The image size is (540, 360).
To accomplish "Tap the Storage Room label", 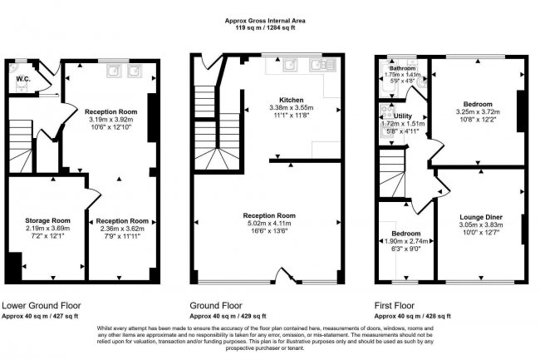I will (x=47, y=220).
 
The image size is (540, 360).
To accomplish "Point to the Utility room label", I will (x=403, y=116).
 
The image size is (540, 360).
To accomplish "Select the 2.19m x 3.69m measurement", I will (x=47, y=229).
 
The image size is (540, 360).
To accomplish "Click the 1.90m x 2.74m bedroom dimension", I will (x=407, y=240).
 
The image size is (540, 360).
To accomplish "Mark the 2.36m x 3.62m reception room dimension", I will (x=128, y=229).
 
